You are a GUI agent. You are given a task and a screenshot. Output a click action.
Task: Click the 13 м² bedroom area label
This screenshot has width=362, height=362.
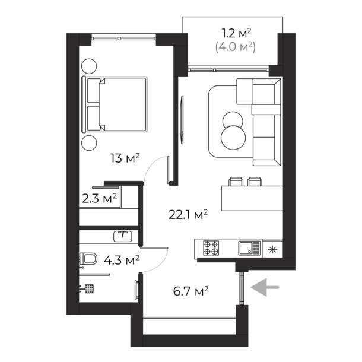coord(125,158)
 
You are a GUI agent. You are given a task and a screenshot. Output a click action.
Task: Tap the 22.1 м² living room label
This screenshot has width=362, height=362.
coord(188,215)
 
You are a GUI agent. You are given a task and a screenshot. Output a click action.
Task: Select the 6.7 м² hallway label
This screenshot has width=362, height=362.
coord(190,291)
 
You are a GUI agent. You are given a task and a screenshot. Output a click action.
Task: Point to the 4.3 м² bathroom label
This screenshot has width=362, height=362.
coord(122,260)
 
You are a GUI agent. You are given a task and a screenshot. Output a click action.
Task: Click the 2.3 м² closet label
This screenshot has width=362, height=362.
coord(99,198)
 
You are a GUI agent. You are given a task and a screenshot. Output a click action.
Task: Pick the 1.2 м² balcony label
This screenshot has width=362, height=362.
coord(236,33)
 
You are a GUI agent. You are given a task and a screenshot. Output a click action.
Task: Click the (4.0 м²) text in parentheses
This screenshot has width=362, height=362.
coord(235,47)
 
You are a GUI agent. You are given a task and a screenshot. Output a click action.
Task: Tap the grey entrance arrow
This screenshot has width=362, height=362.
coord(265,287)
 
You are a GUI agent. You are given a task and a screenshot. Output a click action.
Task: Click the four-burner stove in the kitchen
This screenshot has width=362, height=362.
coord(211,247)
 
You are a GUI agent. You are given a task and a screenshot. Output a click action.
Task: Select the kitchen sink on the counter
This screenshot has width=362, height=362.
coord(249,248)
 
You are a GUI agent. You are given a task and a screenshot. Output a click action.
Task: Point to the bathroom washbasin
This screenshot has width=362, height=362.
coord(123,236)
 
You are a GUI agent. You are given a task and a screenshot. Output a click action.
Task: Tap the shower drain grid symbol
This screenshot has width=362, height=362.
coord(89,288)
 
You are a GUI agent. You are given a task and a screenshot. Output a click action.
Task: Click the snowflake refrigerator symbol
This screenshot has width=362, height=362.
coord(272,250)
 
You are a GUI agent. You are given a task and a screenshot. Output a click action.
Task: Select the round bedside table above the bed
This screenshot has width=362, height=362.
coord(89,66)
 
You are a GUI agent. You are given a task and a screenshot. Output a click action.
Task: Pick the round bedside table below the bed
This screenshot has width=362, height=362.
coord(89,143)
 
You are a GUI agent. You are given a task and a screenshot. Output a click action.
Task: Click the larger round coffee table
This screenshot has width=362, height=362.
coord(233,138)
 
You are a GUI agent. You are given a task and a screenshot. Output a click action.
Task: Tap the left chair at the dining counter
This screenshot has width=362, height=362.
coord(236,182)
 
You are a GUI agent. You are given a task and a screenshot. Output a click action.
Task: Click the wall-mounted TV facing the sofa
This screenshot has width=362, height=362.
coord(182,120)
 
